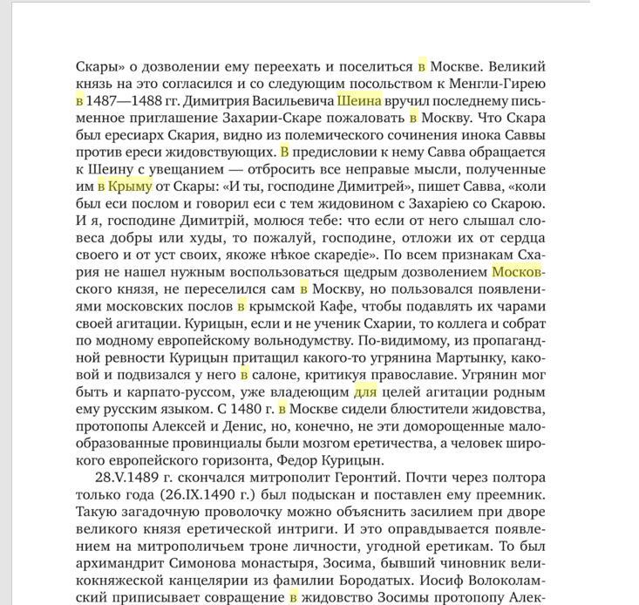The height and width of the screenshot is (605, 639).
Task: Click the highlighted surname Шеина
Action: pyautogui.click(x=360, y=100)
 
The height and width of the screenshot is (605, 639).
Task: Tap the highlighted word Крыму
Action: pyautogui.click(x=130, y=186)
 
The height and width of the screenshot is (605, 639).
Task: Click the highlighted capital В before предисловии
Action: pyautogui.click(x=284, y=152)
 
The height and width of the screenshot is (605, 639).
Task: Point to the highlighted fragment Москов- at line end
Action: pyautogui.click(x=518, y=271)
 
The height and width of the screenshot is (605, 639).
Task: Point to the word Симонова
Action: pyautogui.click(x=194, y=563)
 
